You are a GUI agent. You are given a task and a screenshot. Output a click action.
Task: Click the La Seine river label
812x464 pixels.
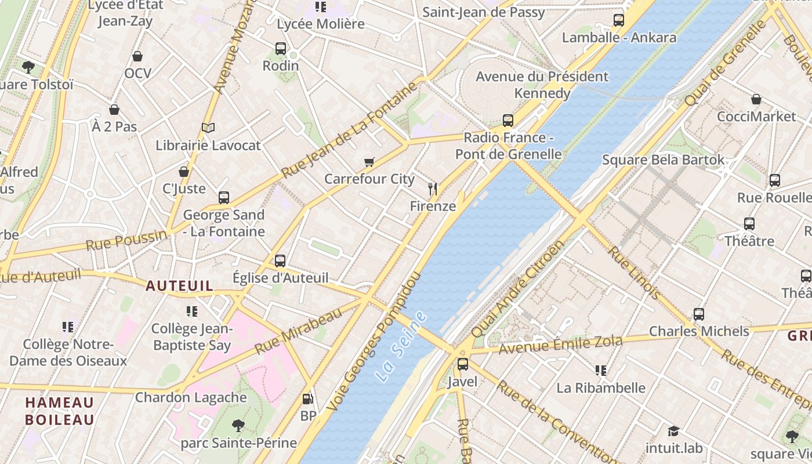401,346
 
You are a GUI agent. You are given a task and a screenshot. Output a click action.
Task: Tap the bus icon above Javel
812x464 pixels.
462,364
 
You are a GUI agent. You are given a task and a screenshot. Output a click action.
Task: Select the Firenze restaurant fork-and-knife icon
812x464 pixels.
432,188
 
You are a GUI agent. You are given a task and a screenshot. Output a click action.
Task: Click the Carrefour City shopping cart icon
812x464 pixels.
369,162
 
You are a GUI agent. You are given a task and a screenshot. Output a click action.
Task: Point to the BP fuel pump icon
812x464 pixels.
307,399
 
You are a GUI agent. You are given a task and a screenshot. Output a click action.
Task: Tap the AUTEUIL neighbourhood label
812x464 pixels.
179,285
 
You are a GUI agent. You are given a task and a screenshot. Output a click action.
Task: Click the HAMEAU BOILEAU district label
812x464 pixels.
60,411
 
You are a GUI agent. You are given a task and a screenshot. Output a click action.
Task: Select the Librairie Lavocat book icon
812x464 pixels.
208,128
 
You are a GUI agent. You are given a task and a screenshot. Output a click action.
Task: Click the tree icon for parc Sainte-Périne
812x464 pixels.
238,426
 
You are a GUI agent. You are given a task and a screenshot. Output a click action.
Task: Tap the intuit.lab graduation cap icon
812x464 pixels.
673,431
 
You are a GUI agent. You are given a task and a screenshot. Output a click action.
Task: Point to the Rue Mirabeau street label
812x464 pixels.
298,332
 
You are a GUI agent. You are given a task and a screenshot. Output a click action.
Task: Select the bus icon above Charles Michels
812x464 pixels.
699,314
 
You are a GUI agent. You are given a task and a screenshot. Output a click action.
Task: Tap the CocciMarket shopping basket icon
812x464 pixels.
756,99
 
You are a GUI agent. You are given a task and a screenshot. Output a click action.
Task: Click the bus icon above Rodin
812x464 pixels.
281,49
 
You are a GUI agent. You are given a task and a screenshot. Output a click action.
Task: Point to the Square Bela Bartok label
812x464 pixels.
664,159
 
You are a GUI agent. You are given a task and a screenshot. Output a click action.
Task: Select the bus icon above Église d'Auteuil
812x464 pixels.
280,261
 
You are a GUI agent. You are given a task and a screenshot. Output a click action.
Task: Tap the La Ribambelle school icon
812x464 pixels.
601,370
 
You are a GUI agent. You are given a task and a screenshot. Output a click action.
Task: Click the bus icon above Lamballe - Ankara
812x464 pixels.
619,20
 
